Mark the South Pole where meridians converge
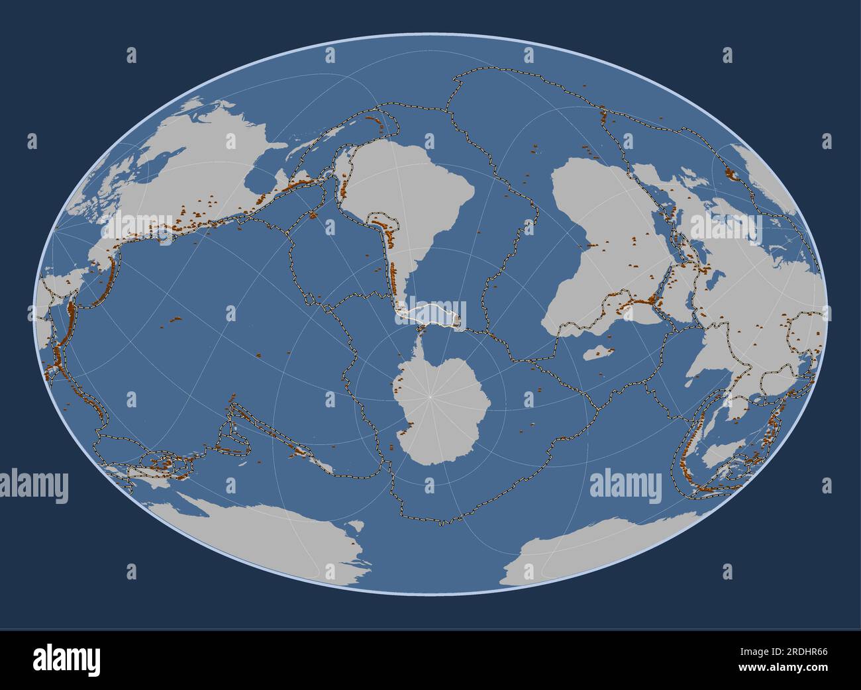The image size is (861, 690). point(430,396)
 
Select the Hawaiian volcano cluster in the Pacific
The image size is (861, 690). point(176,320)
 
